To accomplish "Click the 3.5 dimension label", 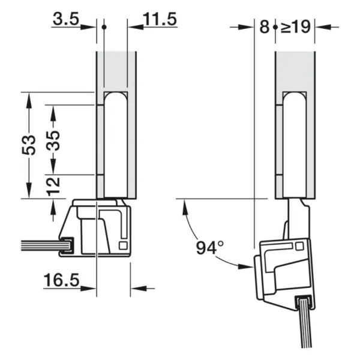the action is pyautogui.click(x=66, y=19).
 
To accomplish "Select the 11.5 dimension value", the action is pyautogui.click(x=160, y=19).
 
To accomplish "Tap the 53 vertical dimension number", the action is pyautogui.click(x=29, y=145).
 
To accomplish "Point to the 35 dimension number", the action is pyautogui.click(x=53, y=141).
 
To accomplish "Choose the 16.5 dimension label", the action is pyautogui.click(x=61, y=280).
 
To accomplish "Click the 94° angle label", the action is pyautogui.click(x=209, y=247).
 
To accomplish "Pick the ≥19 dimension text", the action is pyautogui.click(x=295, y=27).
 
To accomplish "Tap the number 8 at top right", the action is pyautogui.click(x=264, y=26).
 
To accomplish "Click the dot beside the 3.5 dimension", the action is pyautogui.click(x=104, y=27).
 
